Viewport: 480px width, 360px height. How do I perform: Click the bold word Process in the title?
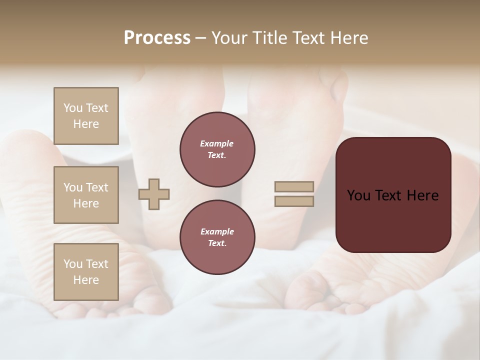click(x=157, y=38)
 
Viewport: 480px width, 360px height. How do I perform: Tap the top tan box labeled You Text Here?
click(x=86, y=116)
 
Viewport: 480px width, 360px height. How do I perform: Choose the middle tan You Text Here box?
click(x=86, y=195)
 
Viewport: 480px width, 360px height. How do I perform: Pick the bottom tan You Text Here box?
click(x=86, y=272)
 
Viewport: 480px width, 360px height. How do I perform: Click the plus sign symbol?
click(x=154, y=194)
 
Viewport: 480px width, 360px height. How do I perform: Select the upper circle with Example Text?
click(x=217, y=149)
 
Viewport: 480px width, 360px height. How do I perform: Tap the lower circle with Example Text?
click(x=217, y=237)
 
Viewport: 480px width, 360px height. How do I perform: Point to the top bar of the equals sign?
click(x=294, y=186)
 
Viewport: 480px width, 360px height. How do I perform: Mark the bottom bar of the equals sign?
click(x=294, y=201)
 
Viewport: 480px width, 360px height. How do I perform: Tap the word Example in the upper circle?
click(x=217, y=143)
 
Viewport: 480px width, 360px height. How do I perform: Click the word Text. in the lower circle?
click(x=217, y=243)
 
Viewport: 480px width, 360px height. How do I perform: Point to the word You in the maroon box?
click(x=359, y=195)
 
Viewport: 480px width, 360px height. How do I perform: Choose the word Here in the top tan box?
click(x=86, y=124)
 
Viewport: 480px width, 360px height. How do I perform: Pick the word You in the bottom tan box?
click(x=73, y=264)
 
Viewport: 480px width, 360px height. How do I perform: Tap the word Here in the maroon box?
click(x=422, y=195)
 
